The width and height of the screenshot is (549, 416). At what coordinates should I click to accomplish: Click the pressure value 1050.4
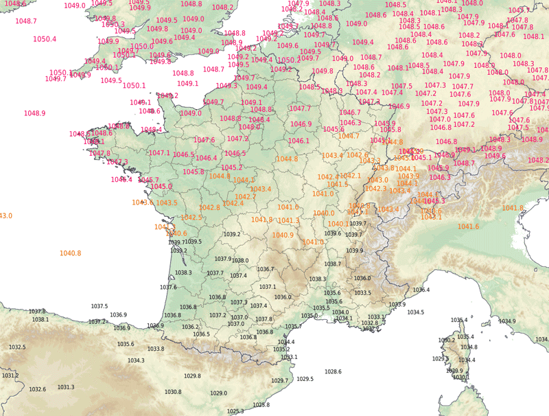tap(45, 39)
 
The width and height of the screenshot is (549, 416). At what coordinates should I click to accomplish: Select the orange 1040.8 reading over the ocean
tap(70, 253)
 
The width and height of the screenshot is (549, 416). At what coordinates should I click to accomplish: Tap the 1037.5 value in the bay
tap(100, 306)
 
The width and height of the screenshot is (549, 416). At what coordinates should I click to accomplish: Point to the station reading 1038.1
tap(40, 319)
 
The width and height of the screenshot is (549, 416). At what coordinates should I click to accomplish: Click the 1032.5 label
tap(17, 347)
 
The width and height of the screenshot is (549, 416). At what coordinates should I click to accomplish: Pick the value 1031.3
tap(66, 387)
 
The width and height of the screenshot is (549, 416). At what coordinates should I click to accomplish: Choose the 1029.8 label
tap(193, 375)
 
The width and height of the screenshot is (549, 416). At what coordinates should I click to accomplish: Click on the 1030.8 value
tap(174, 392)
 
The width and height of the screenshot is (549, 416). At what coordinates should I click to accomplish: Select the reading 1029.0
tap(218, 393)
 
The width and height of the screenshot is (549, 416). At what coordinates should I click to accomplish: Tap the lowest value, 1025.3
tap(235, 411)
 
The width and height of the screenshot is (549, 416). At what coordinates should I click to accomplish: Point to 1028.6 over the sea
tap(333, 371)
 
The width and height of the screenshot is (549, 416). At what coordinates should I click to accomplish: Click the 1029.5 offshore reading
tap(305, 379)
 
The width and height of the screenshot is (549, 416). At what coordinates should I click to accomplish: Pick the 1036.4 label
tap(421, 290)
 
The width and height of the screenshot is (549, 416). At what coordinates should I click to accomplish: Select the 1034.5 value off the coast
tap(415, 312)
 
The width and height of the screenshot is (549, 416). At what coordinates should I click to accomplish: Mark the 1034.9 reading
tap(507, 321)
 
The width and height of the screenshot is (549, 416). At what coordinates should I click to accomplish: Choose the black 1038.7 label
tap(333, 264)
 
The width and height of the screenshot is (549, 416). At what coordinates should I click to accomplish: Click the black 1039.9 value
tap(355, 251)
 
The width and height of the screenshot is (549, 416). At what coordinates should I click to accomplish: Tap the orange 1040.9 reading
tap(283, 235)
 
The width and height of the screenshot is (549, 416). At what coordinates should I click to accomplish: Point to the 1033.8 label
tap(156, 349)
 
